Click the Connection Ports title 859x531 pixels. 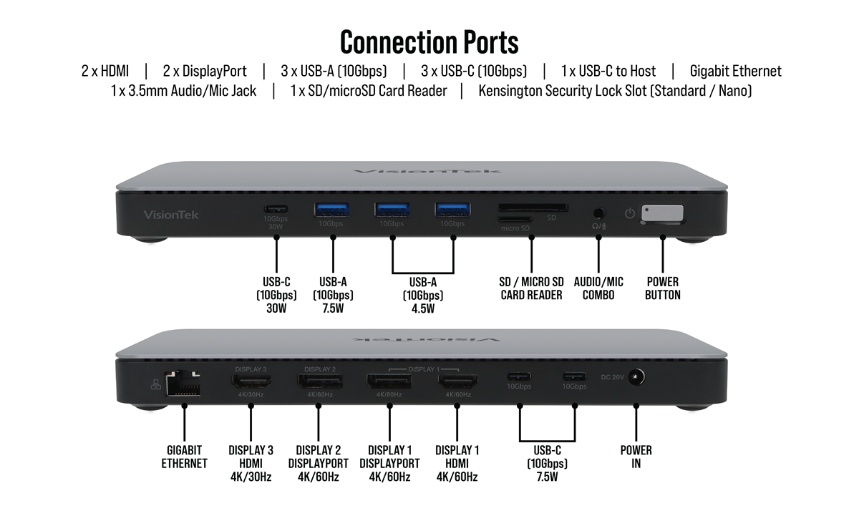point(429,42)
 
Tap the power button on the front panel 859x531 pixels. point(662,214)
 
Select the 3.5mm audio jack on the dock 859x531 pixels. point(598,213)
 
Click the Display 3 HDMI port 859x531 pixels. point(250,381)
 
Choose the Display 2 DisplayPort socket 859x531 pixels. point(320,381)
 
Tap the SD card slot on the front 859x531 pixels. point(533,208)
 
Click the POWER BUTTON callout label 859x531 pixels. point(662,288)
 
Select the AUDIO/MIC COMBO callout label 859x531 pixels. point(598,288)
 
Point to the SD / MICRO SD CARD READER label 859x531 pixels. point(531,288)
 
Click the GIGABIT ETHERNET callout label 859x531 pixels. point(184,457)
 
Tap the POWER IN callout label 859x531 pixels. point(636,457)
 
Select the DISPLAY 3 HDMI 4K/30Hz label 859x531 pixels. point(250,463)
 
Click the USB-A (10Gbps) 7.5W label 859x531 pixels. point(333,295)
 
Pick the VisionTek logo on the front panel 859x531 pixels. point(171,215)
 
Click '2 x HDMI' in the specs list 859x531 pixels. point(105,71)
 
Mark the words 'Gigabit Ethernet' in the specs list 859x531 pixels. point(735,71)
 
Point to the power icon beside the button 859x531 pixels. point(630,213)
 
